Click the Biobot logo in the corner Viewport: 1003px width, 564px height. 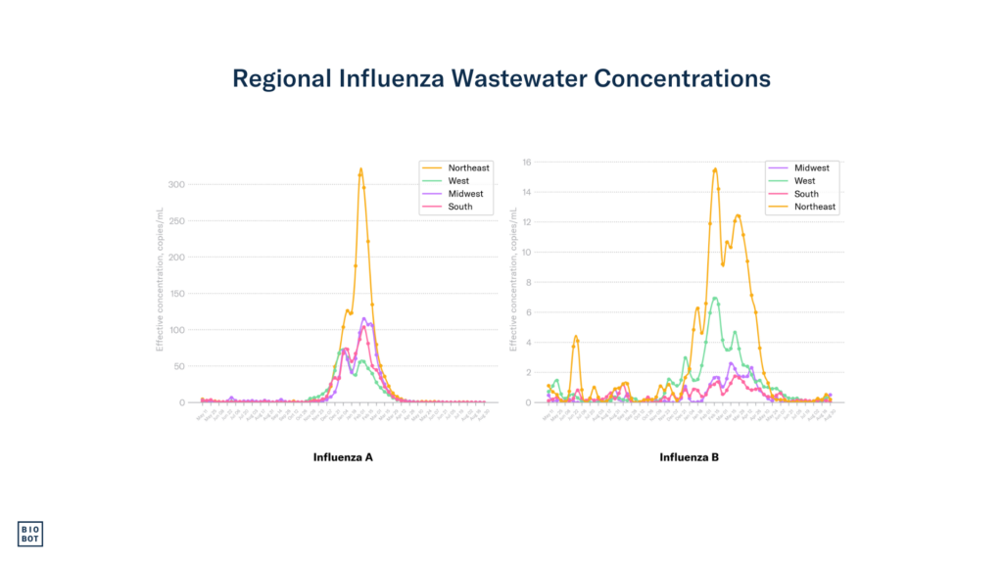(30, 534)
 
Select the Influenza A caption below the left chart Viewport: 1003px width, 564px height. (343, 457)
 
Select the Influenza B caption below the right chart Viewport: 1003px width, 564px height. (689, 457)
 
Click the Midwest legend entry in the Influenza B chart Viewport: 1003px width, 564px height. (810, 167)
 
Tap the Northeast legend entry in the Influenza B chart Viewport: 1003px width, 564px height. (815, 207)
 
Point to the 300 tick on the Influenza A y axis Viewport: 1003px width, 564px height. (177, 184)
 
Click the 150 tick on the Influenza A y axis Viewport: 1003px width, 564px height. (177, 293)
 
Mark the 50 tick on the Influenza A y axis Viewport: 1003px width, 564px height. (180, 365)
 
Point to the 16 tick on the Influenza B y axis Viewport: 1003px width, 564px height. (527, 162)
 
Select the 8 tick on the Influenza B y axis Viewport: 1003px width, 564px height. (529, 282)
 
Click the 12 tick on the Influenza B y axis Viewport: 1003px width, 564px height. (527, 222)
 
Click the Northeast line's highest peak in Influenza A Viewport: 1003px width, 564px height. (360, 169)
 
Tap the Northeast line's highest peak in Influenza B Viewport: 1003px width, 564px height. (715, 169)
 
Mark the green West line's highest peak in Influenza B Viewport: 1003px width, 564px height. (715, 298)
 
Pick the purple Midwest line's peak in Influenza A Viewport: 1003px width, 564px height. (364, 318)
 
